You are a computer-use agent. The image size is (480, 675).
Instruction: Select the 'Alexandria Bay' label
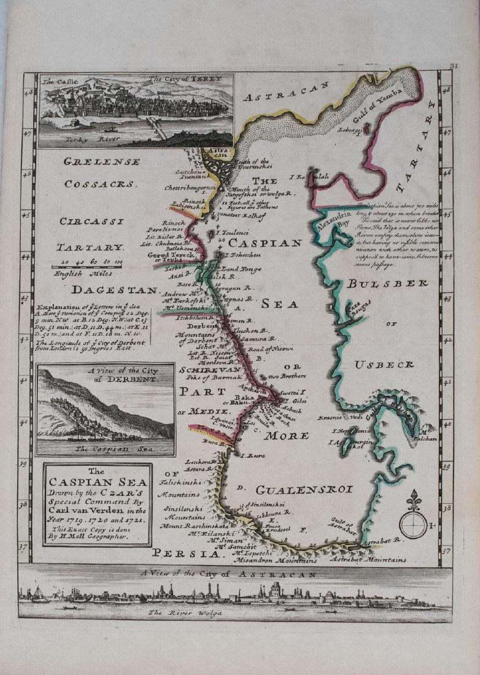[x=334, y=220]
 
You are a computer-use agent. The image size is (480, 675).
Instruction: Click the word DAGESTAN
[x=114, y=289]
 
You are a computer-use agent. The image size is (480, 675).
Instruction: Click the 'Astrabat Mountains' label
[x=368, y=560]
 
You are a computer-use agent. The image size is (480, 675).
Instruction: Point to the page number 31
[x=454, y=66]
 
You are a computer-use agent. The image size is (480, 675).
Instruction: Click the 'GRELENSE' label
[x=102, y=162]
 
